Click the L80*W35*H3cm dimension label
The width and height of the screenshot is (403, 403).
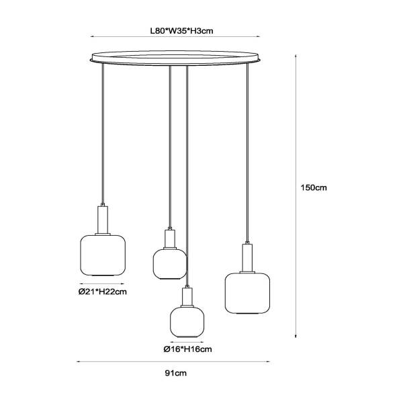click(x=182, y=31)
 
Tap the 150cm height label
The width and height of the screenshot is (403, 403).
click(x=314, y=187)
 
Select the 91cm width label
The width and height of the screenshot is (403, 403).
click(x=176, y=373)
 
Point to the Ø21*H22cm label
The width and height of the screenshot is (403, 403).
click(x=103, y=292)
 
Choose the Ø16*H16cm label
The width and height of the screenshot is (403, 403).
click(x=187, y=349)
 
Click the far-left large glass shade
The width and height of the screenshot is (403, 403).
click(x=103, y=255)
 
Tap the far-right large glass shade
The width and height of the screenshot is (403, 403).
click(x=247, y=293)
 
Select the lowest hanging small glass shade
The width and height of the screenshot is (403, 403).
click(x=187, y=322)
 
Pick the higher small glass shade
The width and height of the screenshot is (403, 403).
click(x=170, y=264)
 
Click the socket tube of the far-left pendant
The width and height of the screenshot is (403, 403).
click(x=103, y=220)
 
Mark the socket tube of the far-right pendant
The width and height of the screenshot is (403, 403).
click(x=247, y=258)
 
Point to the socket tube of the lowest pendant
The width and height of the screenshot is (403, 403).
click(x=187, y=297)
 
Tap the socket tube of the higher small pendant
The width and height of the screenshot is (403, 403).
click(x=170, y=238)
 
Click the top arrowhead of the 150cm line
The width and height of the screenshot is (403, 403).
click(x=296, y=56)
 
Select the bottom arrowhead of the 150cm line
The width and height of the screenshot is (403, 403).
click(x=296, y=336)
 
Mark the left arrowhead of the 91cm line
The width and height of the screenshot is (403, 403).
click(x=78, y=361)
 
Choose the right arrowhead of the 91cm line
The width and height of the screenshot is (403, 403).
click(x=268, y=361)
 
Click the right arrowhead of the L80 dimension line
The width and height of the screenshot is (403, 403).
click(x=259, y=36)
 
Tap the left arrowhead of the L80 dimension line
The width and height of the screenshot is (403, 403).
click(x=92, y=36)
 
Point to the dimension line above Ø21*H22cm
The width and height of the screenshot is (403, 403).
click(x=102, y=283)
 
